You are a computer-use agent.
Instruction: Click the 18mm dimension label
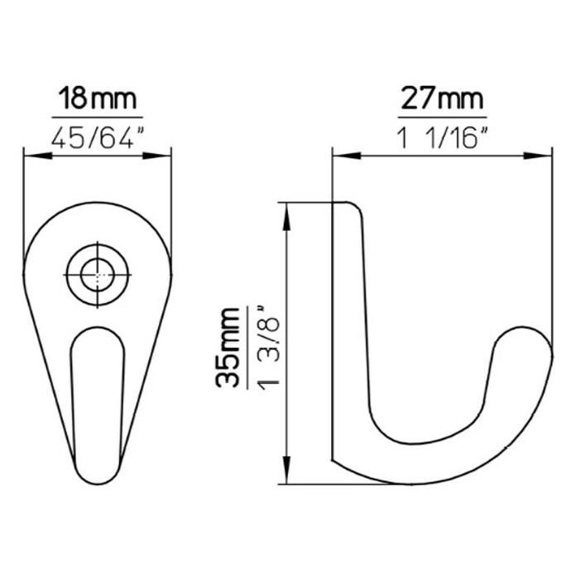(x=98, y=98)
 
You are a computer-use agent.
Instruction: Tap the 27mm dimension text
(x=442, y=98)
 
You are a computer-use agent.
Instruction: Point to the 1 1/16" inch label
(x=442, y=137)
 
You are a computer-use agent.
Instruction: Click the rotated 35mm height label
(x=227, y=347)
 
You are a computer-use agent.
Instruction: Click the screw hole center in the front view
(x=98, y=275)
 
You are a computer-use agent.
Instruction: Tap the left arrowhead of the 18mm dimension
(x=38, y=156)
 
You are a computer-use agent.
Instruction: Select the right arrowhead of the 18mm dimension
(x=157, y=156)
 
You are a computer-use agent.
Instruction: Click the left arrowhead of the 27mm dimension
(x=347, y=156)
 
